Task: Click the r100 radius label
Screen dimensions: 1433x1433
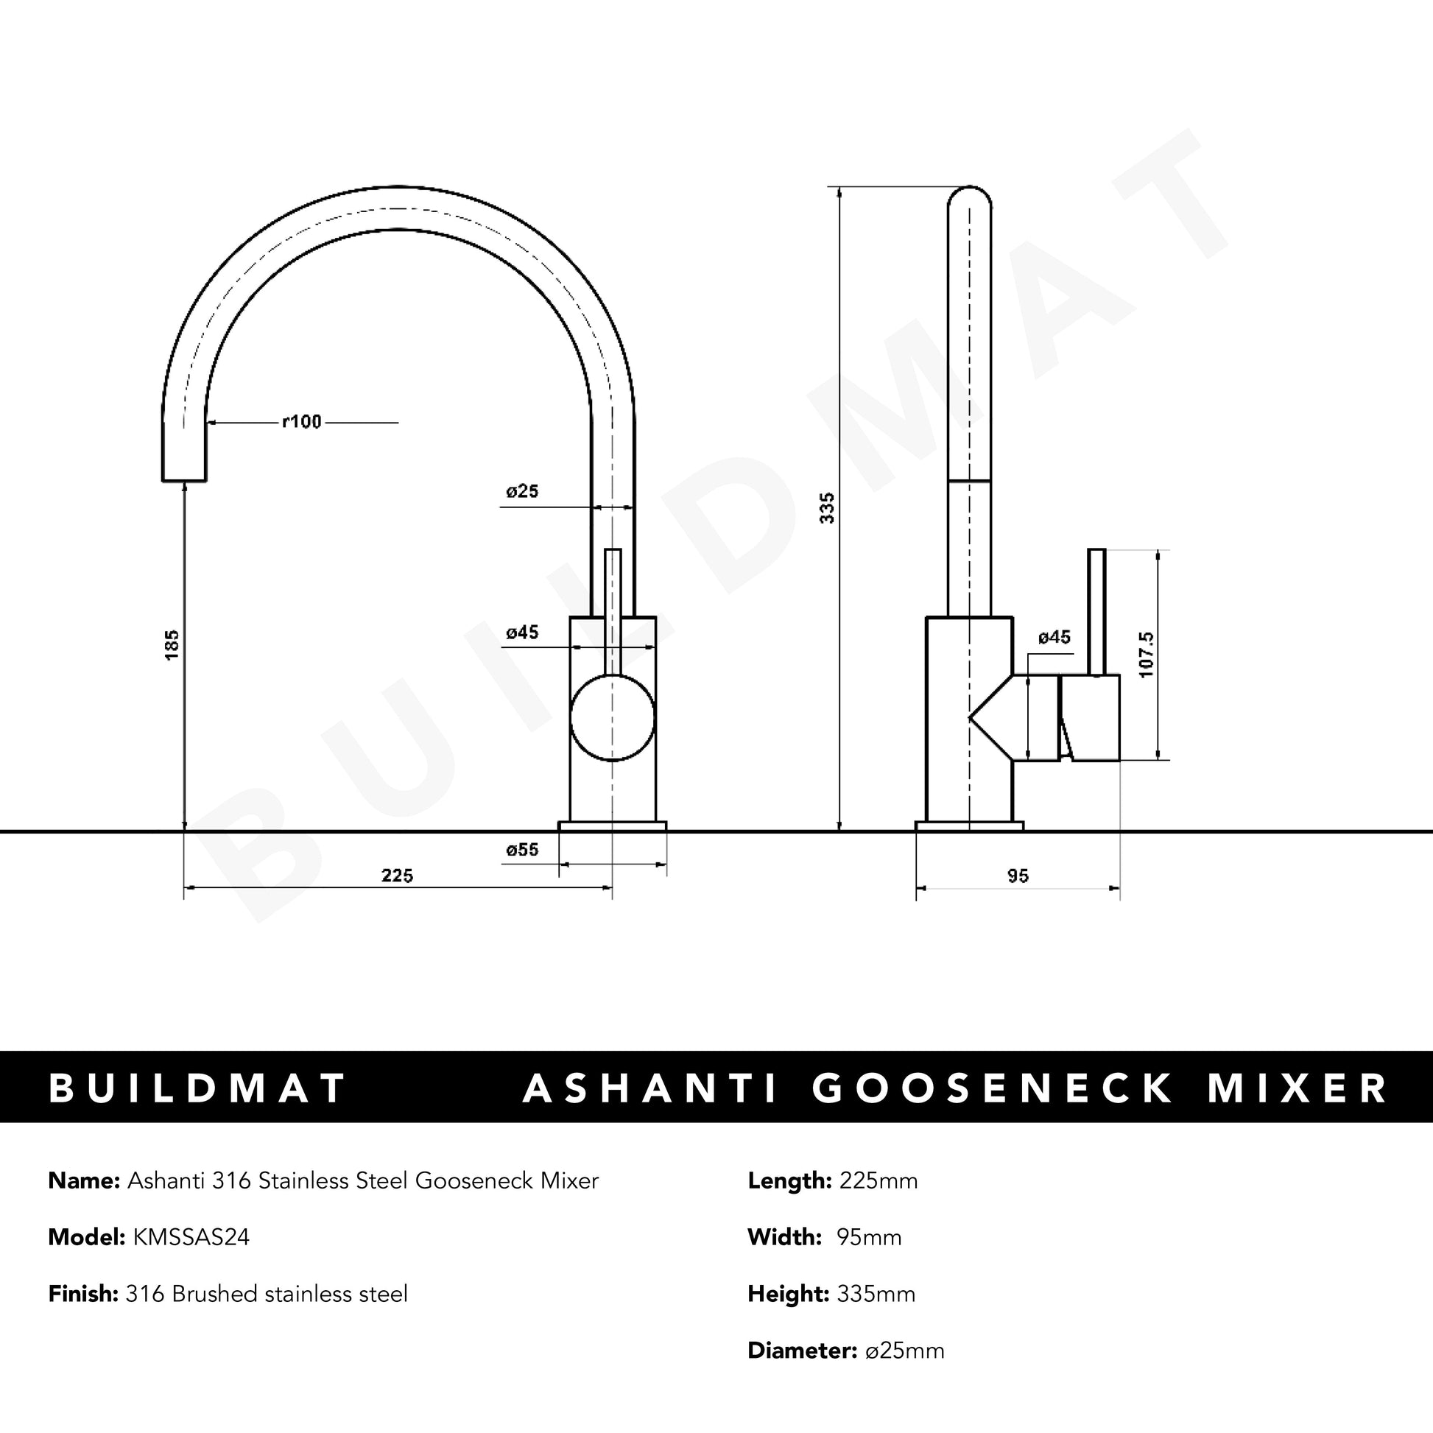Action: coord(302,421)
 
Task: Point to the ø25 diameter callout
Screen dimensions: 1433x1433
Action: coord(522,491)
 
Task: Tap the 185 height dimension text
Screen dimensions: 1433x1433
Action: coord(172,644)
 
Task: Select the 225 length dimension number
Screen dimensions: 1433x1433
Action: coord(397,876)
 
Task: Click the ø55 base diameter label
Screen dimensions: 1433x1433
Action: coord(522,850)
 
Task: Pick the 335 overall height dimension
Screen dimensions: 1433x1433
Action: coord(827,508)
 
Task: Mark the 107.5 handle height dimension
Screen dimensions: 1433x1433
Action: coord(1146,654)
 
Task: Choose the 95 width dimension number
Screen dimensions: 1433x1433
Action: coord(1018,876)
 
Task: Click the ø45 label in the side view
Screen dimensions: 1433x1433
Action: coord(1054,637)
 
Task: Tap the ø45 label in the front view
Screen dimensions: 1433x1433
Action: coord(522,633)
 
